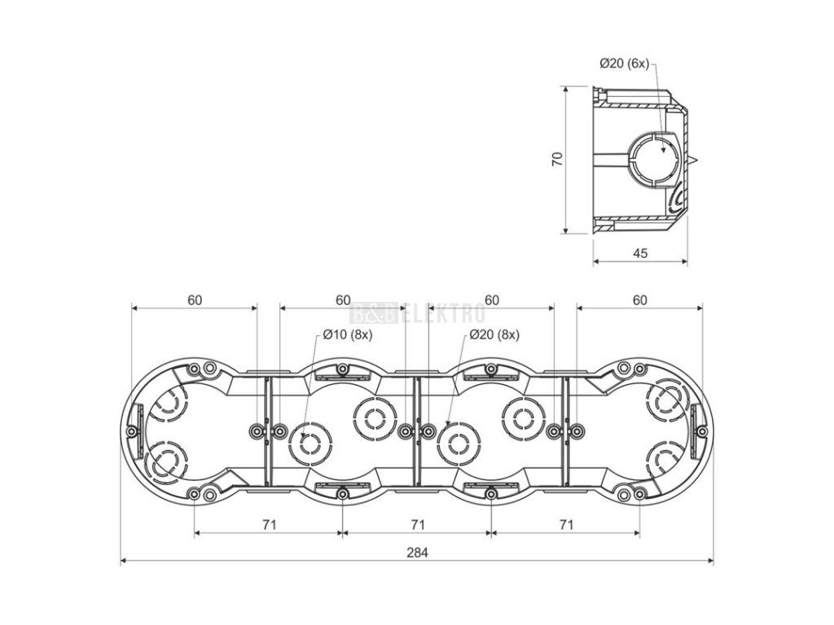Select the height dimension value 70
tap(557, 160)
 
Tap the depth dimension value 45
tap(640, 253)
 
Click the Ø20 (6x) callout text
tap(624, 63)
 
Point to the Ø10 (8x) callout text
tap(347, 335)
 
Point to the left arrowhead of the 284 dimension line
tap(124, 561)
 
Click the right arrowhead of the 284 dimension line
tap(711, 561)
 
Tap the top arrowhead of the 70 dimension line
tap(565, 87)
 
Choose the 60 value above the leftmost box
tap(195, 299)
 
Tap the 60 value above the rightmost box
tap(640, 299)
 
